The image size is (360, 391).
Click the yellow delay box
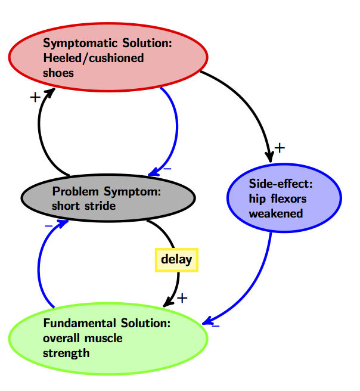(x=176, y=259)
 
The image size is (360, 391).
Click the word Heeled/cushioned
(x=94, y=58)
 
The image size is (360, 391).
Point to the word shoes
(x=58, y=73)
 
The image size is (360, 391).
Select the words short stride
(x=84, y=206)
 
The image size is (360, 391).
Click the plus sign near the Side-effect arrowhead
(x=281, y=147)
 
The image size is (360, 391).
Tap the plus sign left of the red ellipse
(x=35, y=97)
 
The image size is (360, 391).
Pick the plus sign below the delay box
(x=182, y=297)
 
